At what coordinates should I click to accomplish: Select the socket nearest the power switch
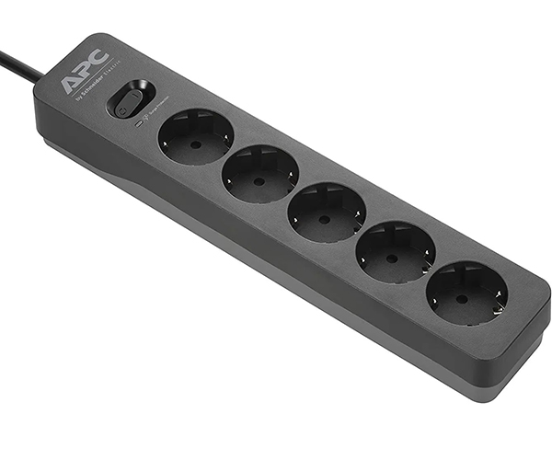(195, 137)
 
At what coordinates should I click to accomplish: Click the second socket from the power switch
(260, 175)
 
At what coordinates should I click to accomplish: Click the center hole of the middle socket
(324, 220)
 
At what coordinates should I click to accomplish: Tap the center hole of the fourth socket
(392, 259)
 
